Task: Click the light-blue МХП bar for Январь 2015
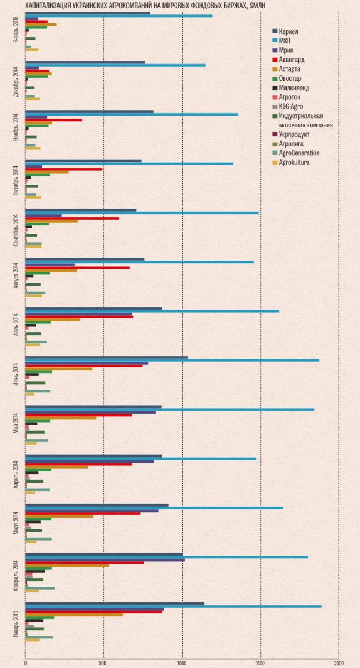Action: pyautogui.click(x=119, y=16)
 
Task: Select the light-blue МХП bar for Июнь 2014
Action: pyautogui.click(x=172, y=360)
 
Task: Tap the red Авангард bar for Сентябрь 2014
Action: pyautogui.click(x=72, y=218)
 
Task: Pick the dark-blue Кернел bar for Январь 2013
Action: pyautogui.click(x=115, y=603)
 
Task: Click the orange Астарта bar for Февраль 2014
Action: pyautogui.click(x=67, y=566)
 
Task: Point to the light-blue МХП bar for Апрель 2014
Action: pyautogui.click(x=141, y=459)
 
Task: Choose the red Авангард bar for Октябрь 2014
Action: pyautogui.click(x=64, y=169)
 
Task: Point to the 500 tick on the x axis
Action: pyautogui.click(x=103, y=663)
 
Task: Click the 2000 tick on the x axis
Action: pyautogui.click(x=338, y=663)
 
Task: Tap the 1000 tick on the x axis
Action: pyautogui.click(x=182, y=663)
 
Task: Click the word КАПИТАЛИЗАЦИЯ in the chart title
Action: pyautogui.click(x=48, y=5)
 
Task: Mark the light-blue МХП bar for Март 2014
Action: pyautogui.click(x=154, y=508)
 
